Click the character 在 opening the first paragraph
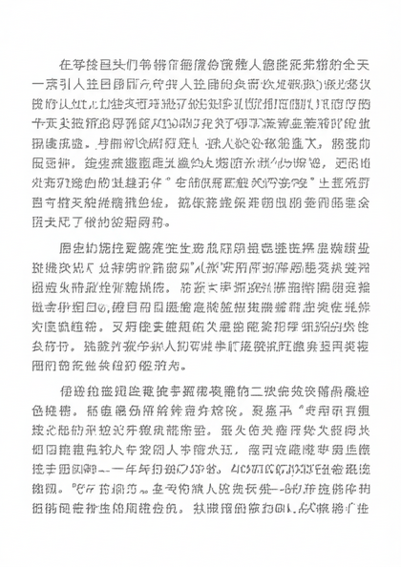click(65, 64)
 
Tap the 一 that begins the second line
click(37, 83)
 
